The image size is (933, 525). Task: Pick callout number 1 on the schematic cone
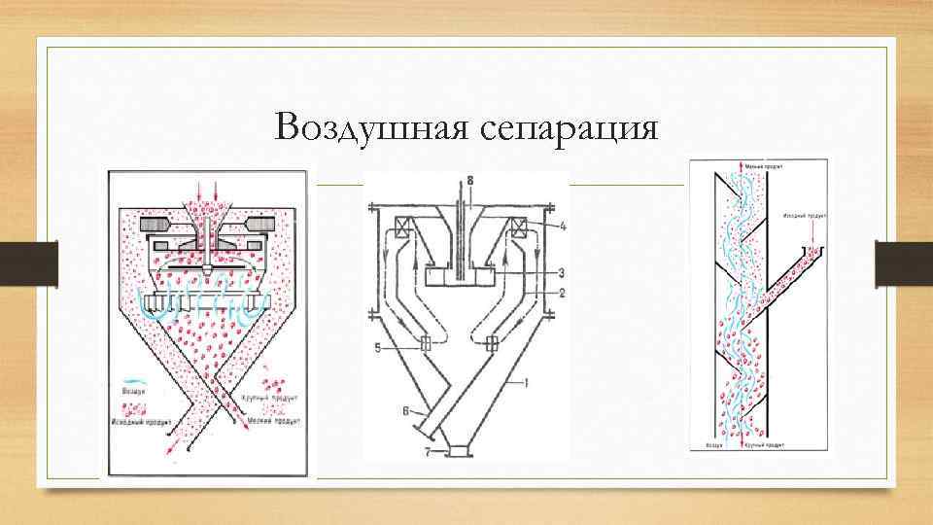pyautogui.click(x=526, y=384)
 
